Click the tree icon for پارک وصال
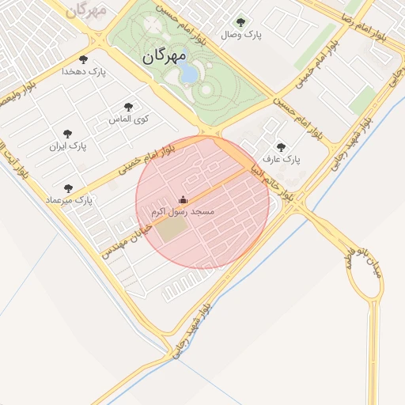pyautogui.click(x=240, y=22)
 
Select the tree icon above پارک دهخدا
pyautogui.click(x=83, y=59)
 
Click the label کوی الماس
pyautogui.click(x=128, y=119)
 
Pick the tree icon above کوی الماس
pyautogui.click(x=128, y=107)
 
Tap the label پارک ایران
pyautogui.click(x=67, y=146)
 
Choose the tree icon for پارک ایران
pyautogui.click(x=67, y=134)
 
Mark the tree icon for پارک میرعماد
pyautogui.click(x=67, y=188)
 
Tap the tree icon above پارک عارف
pyautogui.click(x=281, y=146)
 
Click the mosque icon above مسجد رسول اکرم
pyautogui.click(x=184, y=199)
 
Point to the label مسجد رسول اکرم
pyautogui.click(x=183, y=212)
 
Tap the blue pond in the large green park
pyautogui.click(x=190, y=74)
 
